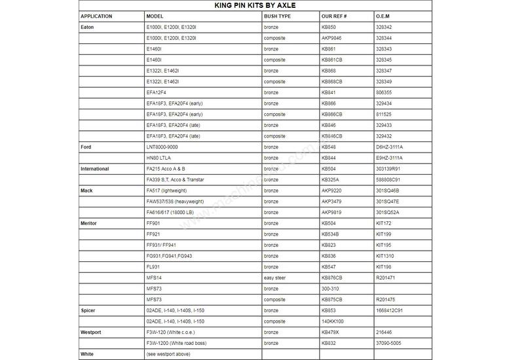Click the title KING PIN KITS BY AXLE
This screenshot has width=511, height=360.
pos(255,5)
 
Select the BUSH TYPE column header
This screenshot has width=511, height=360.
pos(277,16)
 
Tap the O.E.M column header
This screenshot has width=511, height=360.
pos(384,16)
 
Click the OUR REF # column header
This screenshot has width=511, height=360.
pos(335,16)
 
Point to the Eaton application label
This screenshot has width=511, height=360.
pos(87,27)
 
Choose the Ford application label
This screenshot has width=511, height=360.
pos(86,147)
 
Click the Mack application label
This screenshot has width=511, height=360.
pos(86,190)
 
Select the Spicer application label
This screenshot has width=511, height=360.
pos(88,310)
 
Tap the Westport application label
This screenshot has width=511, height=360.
pos(90,333)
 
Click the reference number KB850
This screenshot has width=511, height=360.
pos(329,27)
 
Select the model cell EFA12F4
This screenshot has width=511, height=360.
pos(157,92)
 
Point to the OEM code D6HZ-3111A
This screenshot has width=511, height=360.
pos(390,147)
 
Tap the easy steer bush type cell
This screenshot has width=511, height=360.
pos(276,278)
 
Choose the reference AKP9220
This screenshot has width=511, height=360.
pos(332,190)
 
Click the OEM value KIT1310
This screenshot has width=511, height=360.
pos(385,256)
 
